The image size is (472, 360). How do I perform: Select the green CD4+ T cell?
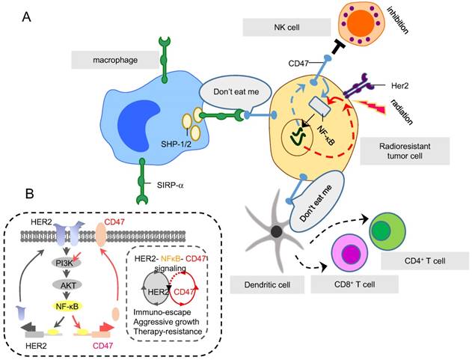(387, 231)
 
